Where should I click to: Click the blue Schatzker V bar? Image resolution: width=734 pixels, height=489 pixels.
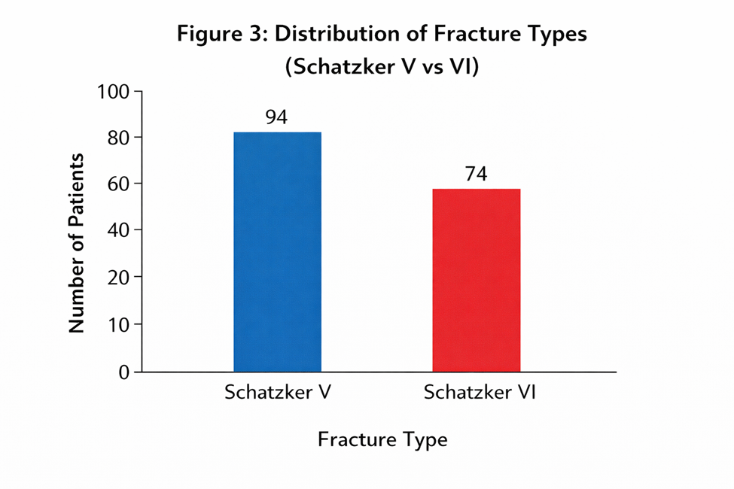point(278,252)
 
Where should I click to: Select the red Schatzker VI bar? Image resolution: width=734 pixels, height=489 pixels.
point(477,281)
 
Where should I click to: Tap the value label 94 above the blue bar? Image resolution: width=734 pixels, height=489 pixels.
point(276,117)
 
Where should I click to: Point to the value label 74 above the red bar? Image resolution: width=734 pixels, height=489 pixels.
point(476,174)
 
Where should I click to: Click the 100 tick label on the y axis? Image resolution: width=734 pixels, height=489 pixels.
point(113,92)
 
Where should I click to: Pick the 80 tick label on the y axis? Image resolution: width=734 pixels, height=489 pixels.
point(118,138)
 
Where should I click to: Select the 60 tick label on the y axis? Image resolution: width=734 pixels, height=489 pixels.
point(118,184)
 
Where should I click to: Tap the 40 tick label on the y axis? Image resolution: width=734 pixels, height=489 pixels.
point(118,229)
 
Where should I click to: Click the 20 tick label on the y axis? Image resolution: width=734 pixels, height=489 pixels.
point(118,278)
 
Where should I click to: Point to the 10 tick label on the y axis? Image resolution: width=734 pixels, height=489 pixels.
point(118,324)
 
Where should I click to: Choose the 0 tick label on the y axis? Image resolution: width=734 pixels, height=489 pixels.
point(123,372)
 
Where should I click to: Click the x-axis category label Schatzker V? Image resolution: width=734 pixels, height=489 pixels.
point(278,392)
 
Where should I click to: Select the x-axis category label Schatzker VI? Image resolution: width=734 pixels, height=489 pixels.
point(480,392)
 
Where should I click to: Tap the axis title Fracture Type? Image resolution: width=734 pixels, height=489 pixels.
point(382,440)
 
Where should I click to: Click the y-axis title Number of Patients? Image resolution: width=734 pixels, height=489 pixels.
point(76,243)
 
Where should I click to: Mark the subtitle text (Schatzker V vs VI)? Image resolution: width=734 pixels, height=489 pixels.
point(382,66)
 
